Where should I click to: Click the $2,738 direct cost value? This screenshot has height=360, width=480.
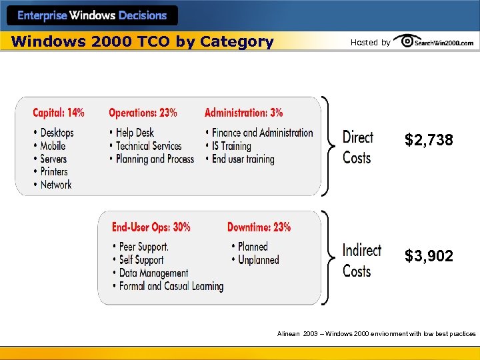(429, 140)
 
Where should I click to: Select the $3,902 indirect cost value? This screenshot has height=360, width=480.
(429, 256)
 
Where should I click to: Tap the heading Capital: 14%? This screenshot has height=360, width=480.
(59, 113)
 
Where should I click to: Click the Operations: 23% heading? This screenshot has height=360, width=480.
(143, 113)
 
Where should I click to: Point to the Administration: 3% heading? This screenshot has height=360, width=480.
(243, 113)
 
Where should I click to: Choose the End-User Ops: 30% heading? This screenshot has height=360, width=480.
(151, 227)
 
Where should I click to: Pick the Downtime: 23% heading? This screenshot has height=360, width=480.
(259, 227)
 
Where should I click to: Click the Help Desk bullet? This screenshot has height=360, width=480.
(135, 133)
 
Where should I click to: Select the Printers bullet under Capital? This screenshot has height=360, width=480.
(54, 171)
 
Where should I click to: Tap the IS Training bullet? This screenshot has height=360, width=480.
(231, 146)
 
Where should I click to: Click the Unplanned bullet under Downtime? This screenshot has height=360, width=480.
(258, 260)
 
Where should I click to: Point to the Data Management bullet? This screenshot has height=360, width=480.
(153, 273)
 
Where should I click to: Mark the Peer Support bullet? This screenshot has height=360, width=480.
(143, 247)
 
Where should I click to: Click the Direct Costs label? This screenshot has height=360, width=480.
(357, 147)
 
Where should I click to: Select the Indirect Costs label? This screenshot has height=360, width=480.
(361, 261)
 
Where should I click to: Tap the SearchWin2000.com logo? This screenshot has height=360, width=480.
(434, 42)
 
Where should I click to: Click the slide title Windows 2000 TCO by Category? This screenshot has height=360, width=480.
(143, 42)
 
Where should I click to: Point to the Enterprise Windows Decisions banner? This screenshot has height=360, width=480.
(92, 15)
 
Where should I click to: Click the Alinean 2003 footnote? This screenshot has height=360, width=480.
(376, 333)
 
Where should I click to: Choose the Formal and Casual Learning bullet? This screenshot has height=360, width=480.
(171, 286)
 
